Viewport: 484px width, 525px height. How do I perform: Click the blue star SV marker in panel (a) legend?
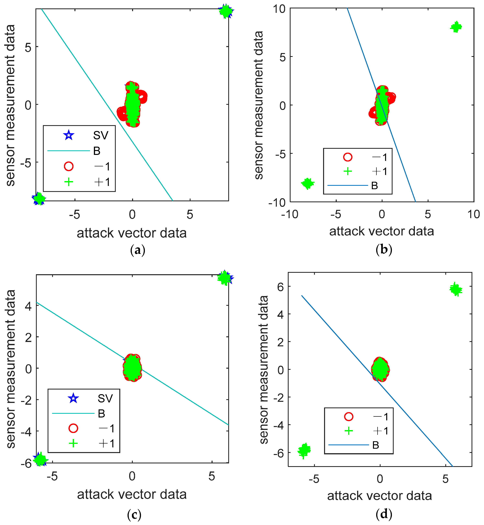pyautogui.click(x=69, y=135)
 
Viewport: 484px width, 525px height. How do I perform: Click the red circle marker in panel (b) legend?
pyautogui.click(x=348, y=157)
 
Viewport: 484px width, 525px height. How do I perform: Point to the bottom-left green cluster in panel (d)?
pyautogui.click(x=304, y=450)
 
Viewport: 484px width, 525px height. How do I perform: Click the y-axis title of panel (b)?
pyautogui.click(x=259, y=105)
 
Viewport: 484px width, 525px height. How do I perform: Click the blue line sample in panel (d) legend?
pyautogui.click(x=348, y=445)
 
